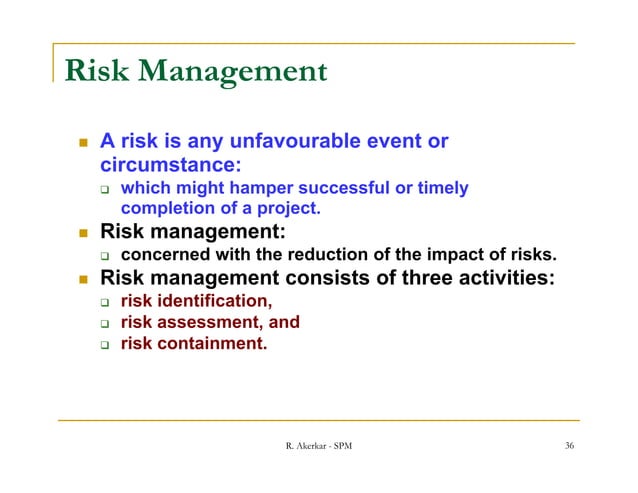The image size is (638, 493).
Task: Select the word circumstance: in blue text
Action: [x=171, y=163]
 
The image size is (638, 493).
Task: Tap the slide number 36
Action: [x=568, y=445]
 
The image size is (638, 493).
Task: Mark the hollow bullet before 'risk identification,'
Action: [x=103, y=302]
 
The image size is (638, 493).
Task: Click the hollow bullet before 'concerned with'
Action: [x=103, y=256]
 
